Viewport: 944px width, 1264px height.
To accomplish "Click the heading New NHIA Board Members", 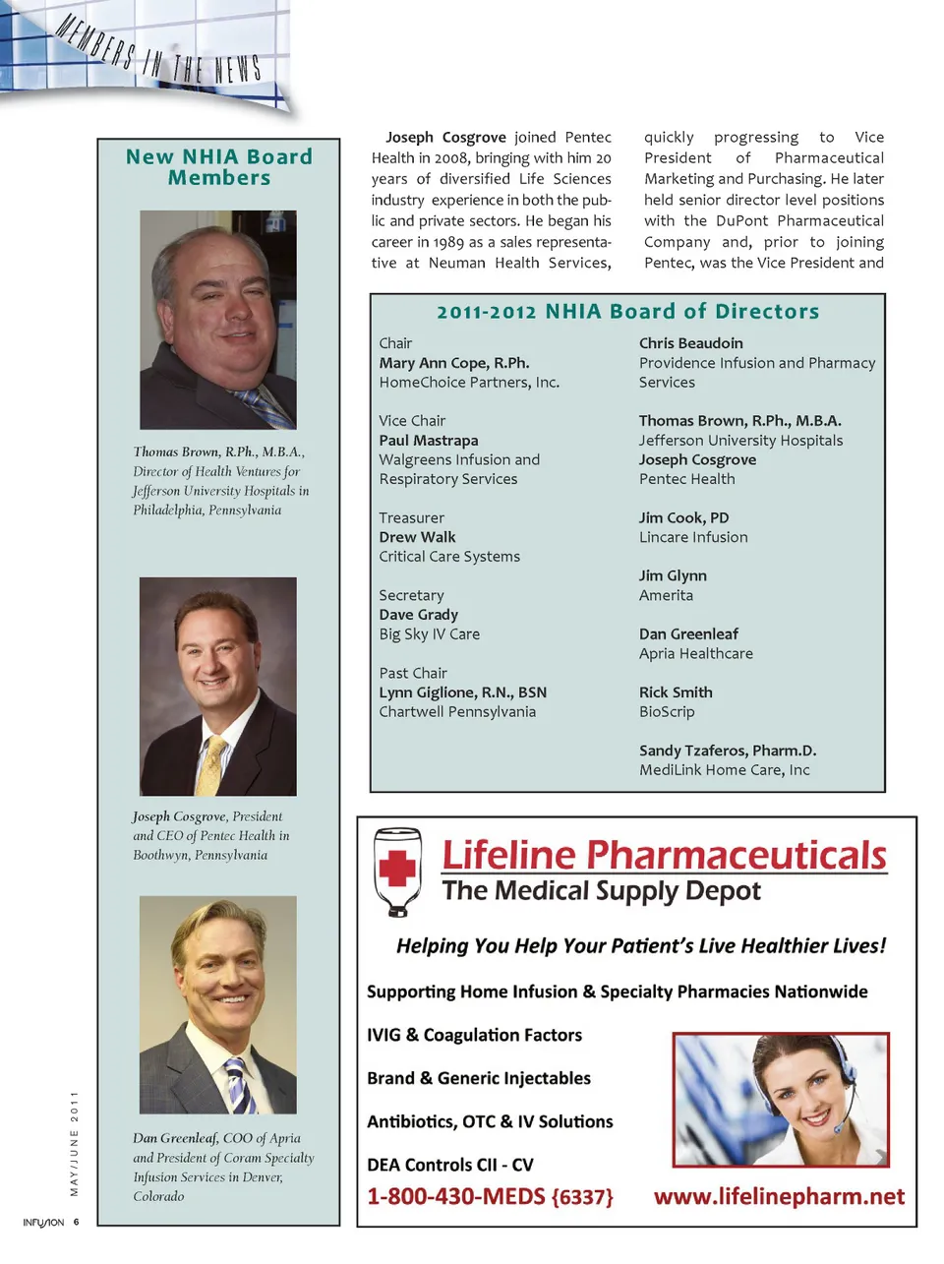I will pyautogui.click(x=218, y=167).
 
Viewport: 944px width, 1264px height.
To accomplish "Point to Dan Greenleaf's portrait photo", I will pyautogui.click(x=218, y=1004).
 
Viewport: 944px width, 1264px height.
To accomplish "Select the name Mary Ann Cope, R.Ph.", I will pyautogui.click(x=454, y=363).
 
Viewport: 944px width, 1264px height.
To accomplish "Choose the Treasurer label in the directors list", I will pyautogui.click(x=411, y=518).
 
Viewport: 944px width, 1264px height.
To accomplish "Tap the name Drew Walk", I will pyautogui.click(x=417, y=537).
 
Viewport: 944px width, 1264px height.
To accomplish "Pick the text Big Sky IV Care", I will pyautogui.click(x=430, y=634).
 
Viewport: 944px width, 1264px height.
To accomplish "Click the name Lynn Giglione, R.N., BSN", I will pyautogui.click(x=462, y=692).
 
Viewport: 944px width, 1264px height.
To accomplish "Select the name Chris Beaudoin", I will pyautogui.click(x=690, y=343).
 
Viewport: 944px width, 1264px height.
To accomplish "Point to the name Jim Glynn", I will pyautogui.click(x=673, y=576).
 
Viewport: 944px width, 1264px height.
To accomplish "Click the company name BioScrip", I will pyautogui.click(x=667, y=712).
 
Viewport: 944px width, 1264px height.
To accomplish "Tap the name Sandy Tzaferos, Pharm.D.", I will pyautogui.click(x=728, y=751).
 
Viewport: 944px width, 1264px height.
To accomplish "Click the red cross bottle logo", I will pyautogui.click(x=397, y=871).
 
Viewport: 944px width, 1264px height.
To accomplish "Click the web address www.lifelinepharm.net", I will pyautogui.click(x=779, y=1196).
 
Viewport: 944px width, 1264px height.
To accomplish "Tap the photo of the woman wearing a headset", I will pyautogui.click(x=781, y=1099).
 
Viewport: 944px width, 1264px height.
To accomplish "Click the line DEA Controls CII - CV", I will pyautogui.click(x=449, y=1165).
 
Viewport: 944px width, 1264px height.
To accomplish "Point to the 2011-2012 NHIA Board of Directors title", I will pyautogui.click(x=627, y=312).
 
